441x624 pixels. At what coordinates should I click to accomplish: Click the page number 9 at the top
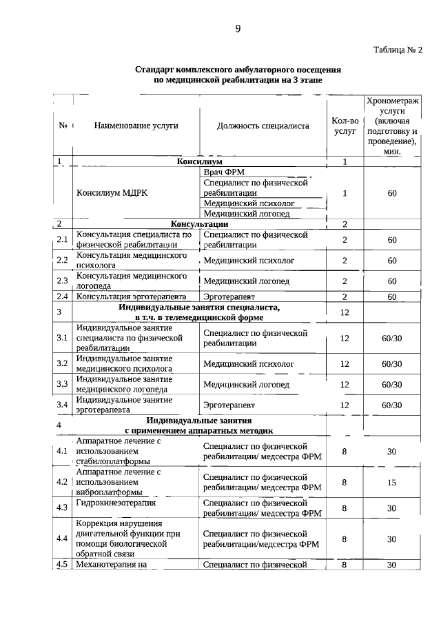point(238,28)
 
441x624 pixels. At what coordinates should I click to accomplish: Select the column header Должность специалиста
point(263,125)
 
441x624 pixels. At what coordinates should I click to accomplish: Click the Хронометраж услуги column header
point(391,126)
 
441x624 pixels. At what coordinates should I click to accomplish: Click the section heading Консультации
point(199,224)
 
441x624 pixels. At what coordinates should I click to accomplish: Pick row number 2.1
point(62,240)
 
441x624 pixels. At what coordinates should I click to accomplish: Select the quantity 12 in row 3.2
point(345,363)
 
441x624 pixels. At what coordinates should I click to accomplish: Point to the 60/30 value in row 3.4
point(391,405)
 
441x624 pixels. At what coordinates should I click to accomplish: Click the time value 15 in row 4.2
point(391,483)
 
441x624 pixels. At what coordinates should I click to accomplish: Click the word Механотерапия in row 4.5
point(105,565)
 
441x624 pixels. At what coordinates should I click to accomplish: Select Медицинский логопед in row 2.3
point(246,281)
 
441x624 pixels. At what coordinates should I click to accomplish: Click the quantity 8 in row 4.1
point(345,451)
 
